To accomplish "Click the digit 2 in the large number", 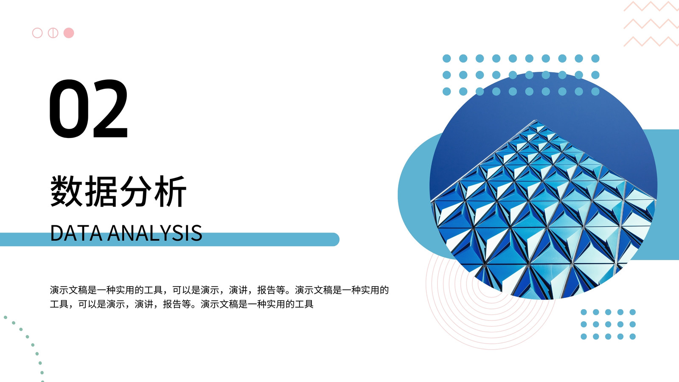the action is click(x=110, y=108).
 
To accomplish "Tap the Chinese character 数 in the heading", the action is click(x=66, y=191).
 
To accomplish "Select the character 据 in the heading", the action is click(x=101, y=191).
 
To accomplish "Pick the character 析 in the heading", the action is click(x=170, y=191).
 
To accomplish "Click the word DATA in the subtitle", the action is click(x=76, y=233).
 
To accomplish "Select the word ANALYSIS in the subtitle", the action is click(x=155, y=233).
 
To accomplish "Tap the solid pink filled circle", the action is click(x=69, y=33).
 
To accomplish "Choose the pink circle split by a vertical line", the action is click(x=53, y=33).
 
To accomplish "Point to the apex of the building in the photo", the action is click(x=536, y=121).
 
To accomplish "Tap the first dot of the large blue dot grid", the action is click(x=446, y=59).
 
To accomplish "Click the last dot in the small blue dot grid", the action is click(x=633, y=337).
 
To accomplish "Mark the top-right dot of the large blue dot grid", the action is click(x=595, y=59).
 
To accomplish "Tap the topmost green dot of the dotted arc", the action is click(x=6, y=317).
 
